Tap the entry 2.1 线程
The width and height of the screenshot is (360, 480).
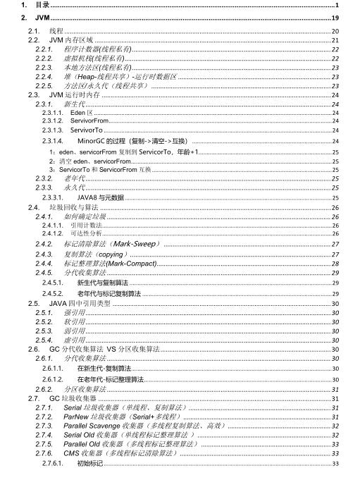57,32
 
